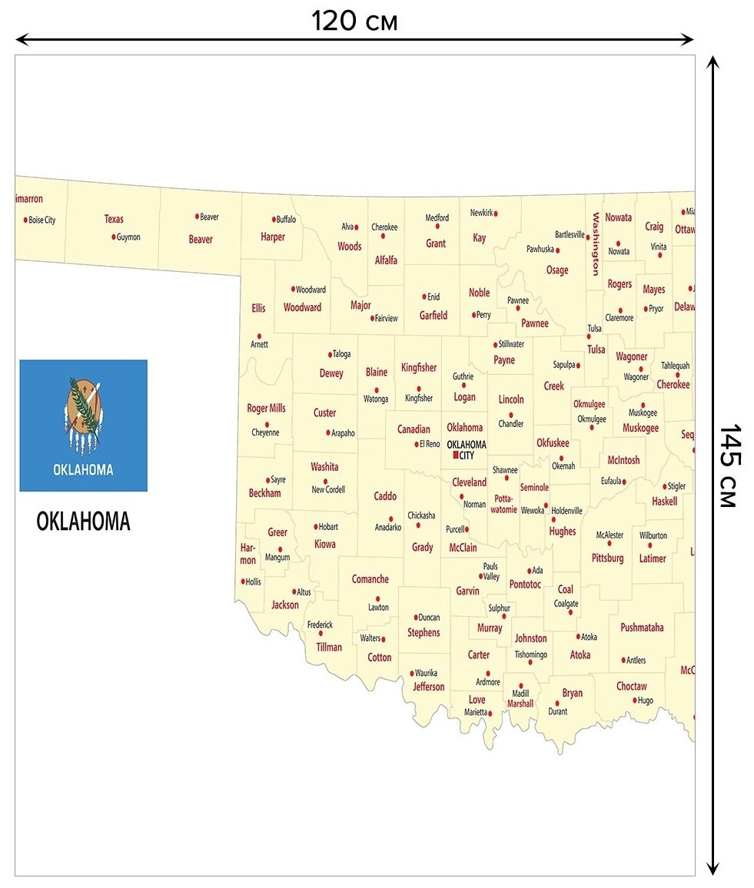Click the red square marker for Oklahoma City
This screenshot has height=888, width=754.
pyautogui.click(x=456, y=455)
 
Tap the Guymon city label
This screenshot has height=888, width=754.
pyautogui.click(x=128, y=237)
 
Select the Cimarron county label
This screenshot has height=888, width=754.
pyautogui.click(x=28, y=199)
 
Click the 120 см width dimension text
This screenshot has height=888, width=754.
pyautogui.click(x=354, y=22)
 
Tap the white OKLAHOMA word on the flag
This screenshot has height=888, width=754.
pyautogui.click(x=83, y=469)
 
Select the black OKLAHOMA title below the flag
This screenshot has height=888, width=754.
pyautogui.click(x=83, y=522)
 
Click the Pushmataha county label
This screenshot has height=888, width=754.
pyautogui.click(x=642, y=628)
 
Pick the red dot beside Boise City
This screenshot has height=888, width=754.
pyautogui.click(x=25, y=220)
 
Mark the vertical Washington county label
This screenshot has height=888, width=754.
pyautogui.click(x=595, y=244)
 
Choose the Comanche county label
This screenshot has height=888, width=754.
pyautogui.click(x=370, y=579)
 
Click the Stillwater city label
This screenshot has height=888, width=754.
pyautogui.click(x=511, y=344)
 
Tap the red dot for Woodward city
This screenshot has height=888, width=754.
pyautogui.click(x=293, y=290)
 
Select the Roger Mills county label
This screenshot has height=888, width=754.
pyautogui.click(x=266, y=409)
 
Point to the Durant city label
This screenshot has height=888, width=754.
pyautogui.click(x=557, y=711)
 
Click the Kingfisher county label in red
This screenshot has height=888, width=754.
pyautogui.click(x=419, y=368)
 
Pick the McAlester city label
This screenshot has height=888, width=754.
pyautogui.click(x=610, y=535)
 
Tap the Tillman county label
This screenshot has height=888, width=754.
pyautogui.click(x=329, y=647)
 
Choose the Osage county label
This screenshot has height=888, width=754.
pyautogui.click(x=557, y=270)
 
